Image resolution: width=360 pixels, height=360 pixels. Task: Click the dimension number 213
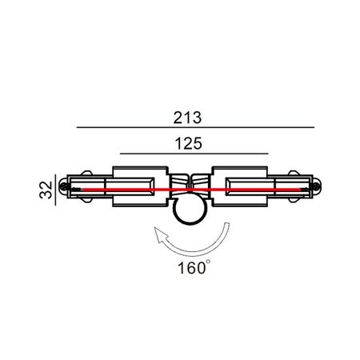187,118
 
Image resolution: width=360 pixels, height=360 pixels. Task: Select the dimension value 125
188,143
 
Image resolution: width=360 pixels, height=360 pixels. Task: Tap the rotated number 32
46,190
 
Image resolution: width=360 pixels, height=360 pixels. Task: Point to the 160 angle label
192,268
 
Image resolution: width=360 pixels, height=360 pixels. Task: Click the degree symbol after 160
208,262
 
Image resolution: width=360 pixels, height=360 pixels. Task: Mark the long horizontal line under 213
195,127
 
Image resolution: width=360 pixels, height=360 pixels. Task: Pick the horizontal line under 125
194,154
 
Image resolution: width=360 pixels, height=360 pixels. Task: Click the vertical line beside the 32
55,190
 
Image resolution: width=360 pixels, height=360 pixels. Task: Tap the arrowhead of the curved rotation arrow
161,234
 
